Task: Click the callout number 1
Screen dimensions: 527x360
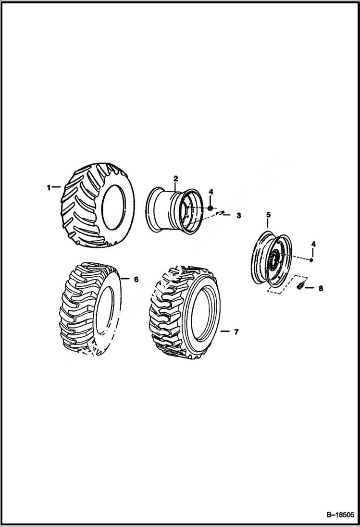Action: (49, 188)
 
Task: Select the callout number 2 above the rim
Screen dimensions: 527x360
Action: (175, 179)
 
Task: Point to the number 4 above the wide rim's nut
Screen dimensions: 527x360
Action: (211, 192)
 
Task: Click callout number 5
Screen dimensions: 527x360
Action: (269, 215)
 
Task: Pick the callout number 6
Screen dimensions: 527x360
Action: (136, 279)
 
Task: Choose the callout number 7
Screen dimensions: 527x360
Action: (236, 331)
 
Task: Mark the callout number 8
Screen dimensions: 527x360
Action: (321, 289)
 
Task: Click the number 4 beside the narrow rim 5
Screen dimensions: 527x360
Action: (313, 244)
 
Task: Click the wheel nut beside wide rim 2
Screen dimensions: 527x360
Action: (211, 208)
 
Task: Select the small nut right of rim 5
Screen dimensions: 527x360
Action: (311, 260)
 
